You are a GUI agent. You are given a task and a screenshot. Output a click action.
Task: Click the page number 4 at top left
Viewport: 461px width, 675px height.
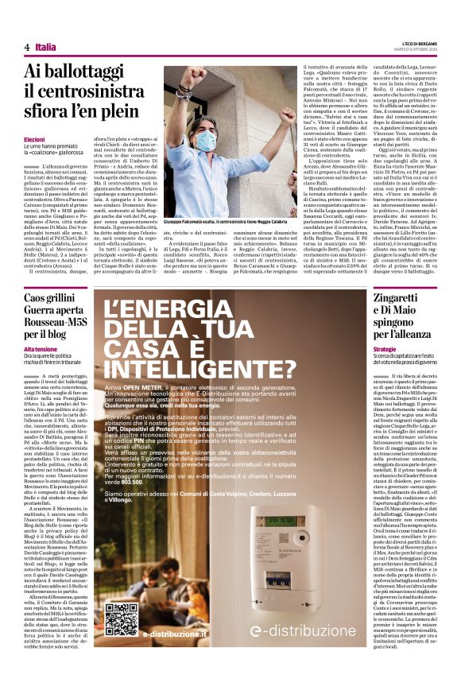point(27,48)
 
